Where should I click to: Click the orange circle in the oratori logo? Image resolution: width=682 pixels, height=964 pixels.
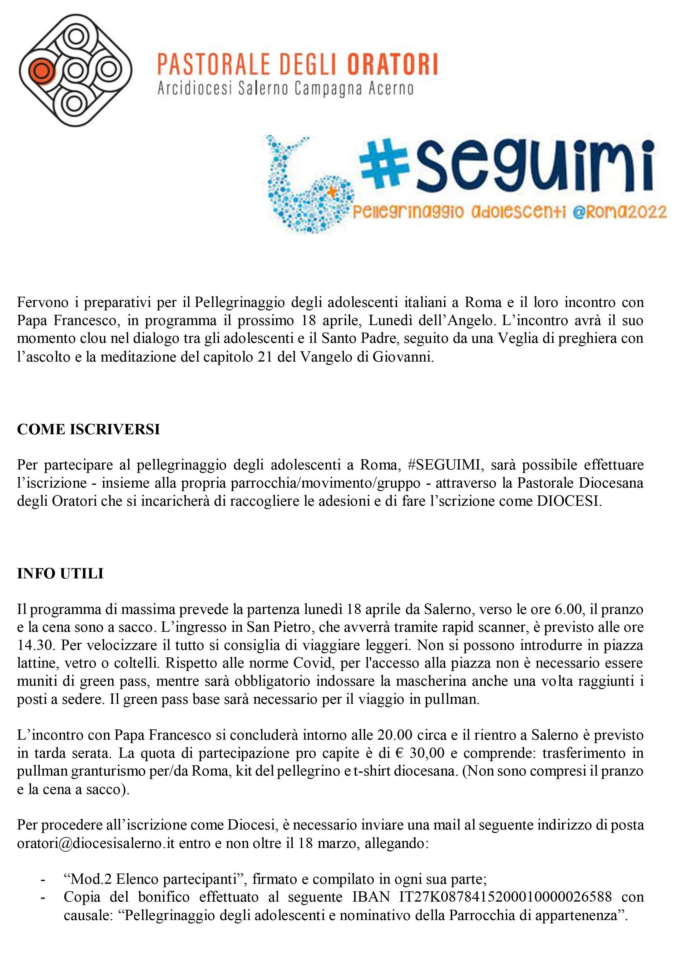coord(41,70)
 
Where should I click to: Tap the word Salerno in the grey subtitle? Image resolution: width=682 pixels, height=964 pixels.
coord(263,89)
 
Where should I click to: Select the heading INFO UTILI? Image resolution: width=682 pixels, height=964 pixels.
coord(60,573)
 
